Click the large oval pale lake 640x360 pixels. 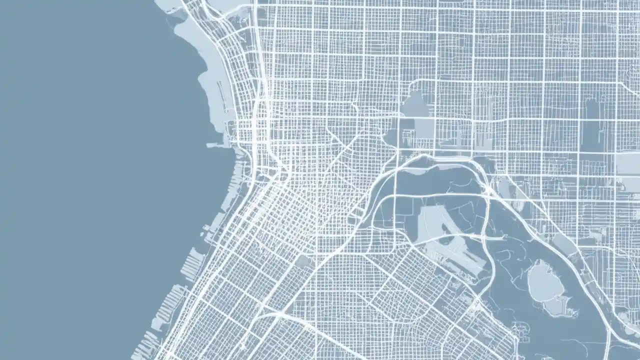[545, 282]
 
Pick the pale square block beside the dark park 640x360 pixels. [424, 128]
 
